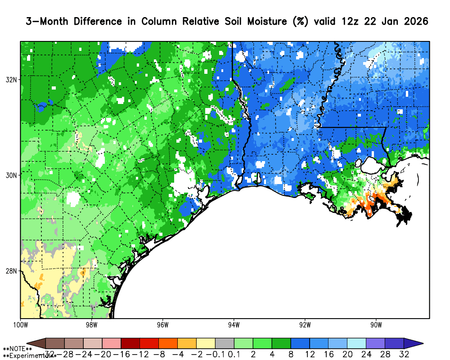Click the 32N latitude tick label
point(12,80)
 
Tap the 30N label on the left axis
point(12,175)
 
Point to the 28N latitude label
point(12,271)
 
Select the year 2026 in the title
point(413,22)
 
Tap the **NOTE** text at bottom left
point(17,349)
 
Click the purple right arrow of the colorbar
point(413,343)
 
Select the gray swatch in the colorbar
point(225,343)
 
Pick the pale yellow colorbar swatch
point(206,343)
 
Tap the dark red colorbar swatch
point(130,343)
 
